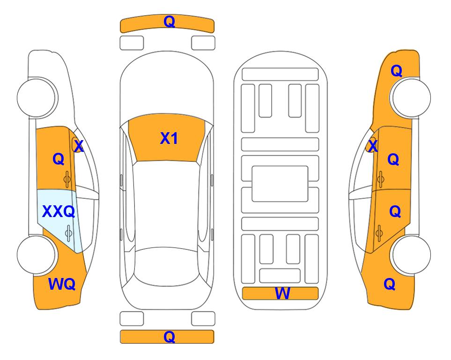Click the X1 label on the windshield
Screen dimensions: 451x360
tap(169, 138)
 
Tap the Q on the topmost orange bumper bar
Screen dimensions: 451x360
tap(169, 22)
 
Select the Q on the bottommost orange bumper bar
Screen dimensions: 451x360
tap(169, 337)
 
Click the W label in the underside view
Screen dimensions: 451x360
tap(282, 293)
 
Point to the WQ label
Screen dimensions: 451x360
tap(62, 284)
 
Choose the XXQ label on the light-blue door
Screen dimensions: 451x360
tap(59, 212)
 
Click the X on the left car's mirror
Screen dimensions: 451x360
tap(79, 146)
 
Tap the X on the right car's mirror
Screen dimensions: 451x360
tap(373, 146)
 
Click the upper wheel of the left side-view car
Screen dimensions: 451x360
tap(37, 98)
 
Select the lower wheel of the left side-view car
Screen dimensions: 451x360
tap(37, 255)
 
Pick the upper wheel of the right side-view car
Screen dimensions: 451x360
tap(411, 97)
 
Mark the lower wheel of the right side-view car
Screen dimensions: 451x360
tap(411, 255)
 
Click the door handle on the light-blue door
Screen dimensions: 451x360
tap(68, 232)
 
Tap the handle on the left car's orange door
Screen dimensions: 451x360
tap(67, 179)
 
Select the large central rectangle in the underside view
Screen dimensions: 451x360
tap(280, 184)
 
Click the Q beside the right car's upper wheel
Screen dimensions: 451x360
tap(396, 71)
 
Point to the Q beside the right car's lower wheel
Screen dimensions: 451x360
tap(390, 284)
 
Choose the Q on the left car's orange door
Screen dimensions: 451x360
tap(59, 159)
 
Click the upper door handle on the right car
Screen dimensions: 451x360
tap(381, 179)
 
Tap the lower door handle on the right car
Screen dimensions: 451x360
tap(379, 233)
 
